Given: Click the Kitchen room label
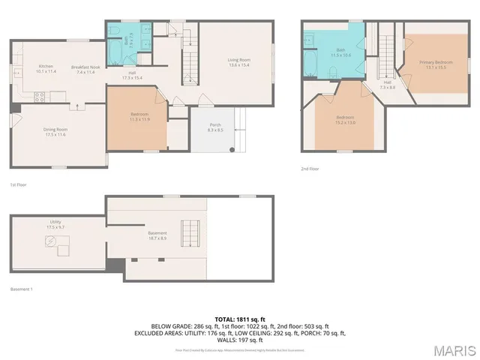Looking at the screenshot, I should tap(46, 67).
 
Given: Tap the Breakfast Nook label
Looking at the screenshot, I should tap(85, 67).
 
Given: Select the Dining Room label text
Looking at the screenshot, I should tap(55, 129).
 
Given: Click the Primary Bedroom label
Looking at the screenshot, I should tap(435, 63).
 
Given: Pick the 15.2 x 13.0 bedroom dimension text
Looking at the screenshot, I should tap(345, 122).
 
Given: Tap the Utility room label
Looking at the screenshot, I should tap(55, 222).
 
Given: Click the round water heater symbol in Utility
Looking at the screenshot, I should tap(50, 241).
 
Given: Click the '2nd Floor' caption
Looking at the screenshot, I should tap(310, 169).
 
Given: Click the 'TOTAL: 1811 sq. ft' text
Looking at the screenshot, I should tap(240, 319).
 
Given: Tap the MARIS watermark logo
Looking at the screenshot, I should tap(454, 350).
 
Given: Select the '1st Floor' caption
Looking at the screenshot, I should tap(19, 184).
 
